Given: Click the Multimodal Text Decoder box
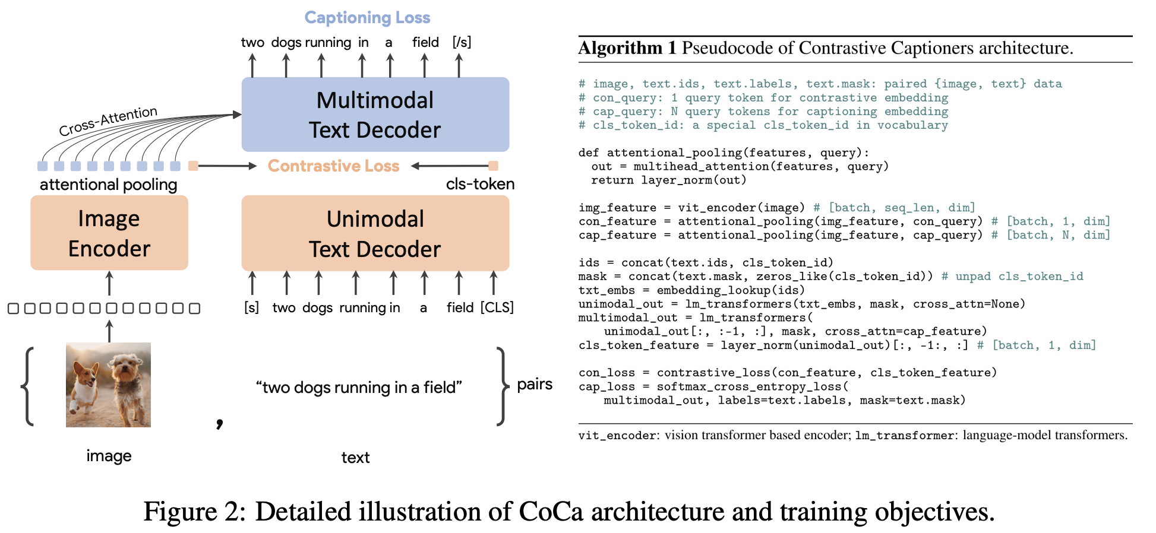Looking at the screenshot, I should point(375,115).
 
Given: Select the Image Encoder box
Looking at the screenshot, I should point(109,233).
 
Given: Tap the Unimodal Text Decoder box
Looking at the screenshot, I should point(375,234).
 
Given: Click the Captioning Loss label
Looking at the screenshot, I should point(367,18).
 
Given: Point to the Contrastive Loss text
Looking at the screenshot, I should point(333,166).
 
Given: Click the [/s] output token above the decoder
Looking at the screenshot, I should point(462,42).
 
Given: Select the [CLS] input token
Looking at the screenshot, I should point(497,307).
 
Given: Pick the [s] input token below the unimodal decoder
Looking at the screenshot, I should point(252,307).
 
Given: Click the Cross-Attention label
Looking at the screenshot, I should point(108,120).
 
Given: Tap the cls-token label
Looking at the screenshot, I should point(480,184).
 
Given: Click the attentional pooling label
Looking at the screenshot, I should point(108,185).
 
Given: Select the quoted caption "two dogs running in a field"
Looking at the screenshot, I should point(359,388).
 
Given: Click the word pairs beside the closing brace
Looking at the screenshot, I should point(535,385).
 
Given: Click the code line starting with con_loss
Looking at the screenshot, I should point(787,373).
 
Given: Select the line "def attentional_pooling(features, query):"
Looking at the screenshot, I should point(724,153).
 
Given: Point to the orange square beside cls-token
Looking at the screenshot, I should point(493,166).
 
